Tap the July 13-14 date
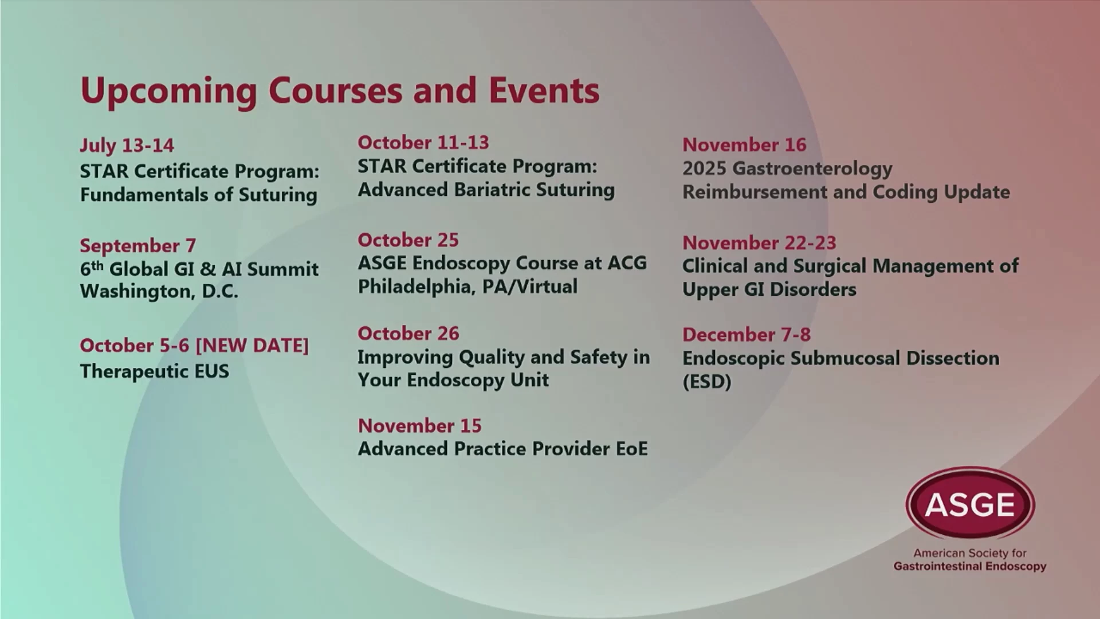tap(127, 145)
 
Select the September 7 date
tap(137, 246)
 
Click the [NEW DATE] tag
tap(252, 346)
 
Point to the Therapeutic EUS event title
tap(154, 371)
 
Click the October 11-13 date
tap(423, 142)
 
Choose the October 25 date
tap(408, 240)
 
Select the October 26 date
tap(408, 333)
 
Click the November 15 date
tap(420, 425)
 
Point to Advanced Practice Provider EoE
tap(503, 449)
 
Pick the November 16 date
tap(744, 144)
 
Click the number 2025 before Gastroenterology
tap(704, 169)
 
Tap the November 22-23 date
tap(759, 242)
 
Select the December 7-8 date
tap(747, 334)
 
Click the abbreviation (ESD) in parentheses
tap(707, 382)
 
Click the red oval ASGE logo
tap(970, 503)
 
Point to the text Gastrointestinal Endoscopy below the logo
tap(970, 566)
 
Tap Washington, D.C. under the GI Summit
tap(159, 292)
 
